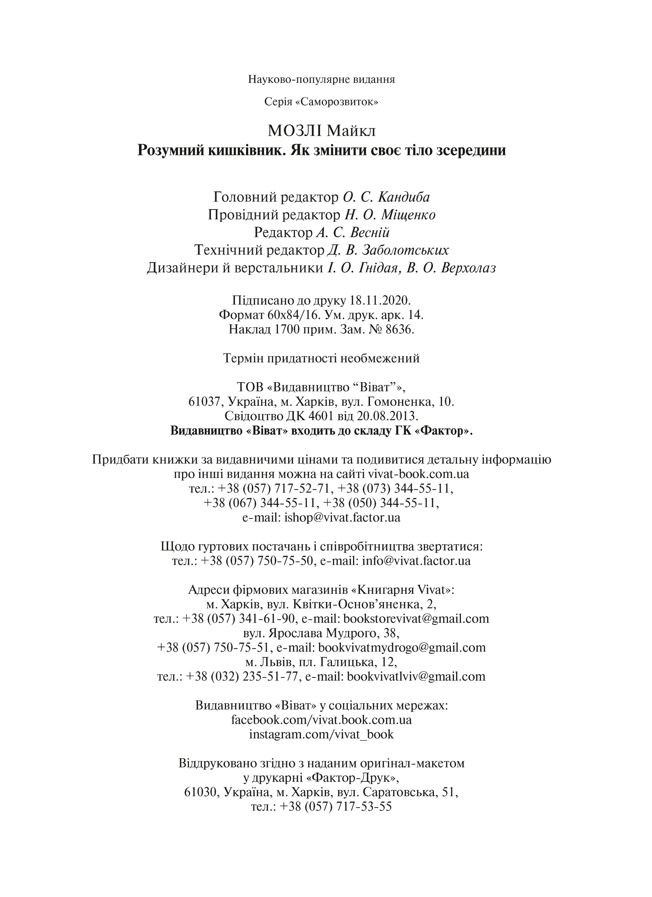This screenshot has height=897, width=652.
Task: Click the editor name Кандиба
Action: pos(404,197)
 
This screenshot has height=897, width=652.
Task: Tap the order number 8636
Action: pos(400,329)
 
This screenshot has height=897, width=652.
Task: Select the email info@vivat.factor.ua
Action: pos(416,560)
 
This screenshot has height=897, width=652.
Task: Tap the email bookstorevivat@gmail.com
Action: pos(416,618)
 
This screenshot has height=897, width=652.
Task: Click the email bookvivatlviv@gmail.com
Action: pos(416,676)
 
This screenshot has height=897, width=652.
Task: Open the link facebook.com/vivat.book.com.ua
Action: pos(322,719)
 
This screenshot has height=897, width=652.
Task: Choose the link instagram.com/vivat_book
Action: pos(322,734)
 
